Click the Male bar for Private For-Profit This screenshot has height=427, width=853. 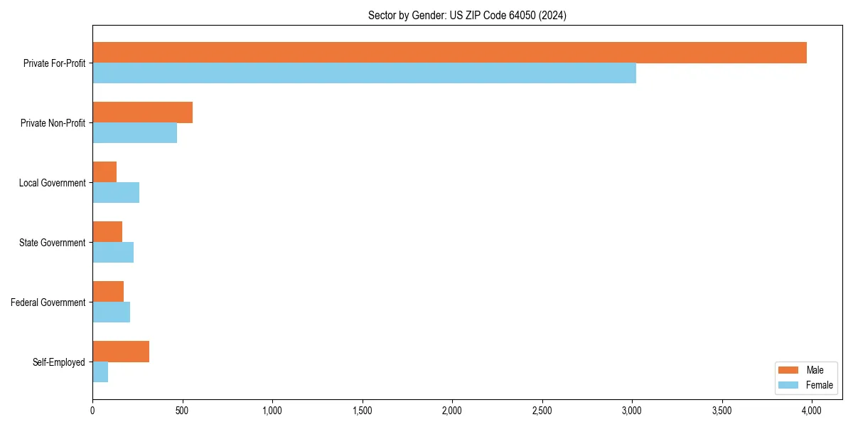[x=449, y=53]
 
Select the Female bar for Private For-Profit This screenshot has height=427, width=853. [x=364, y=73]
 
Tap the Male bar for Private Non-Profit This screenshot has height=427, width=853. [x=142, y=112]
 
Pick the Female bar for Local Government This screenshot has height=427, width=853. [x=116, y=193]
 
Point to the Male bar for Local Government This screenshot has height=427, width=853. [x=104, y=172]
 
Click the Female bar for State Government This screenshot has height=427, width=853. [x=113, y=253]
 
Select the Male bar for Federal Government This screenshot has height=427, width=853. [x=108, y=292]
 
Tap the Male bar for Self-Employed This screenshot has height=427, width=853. [x=121, y=352]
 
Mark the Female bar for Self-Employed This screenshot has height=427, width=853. [x=100, y=372]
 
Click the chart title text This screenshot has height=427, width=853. [x=467, y=15]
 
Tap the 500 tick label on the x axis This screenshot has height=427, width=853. [x=183, y=411]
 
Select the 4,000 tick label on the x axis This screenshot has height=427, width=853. [x=812, y=411]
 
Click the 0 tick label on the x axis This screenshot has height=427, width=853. [x=92, y=411]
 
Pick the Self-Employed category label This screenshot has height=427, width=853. [x=59, y=362]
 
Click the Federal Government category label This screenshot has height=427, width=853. [x=48, y=302]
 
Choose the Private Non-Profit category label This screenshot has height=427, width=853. [x=53, y=123]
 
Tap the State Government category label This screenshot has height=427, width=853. [x=52, y=243]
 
